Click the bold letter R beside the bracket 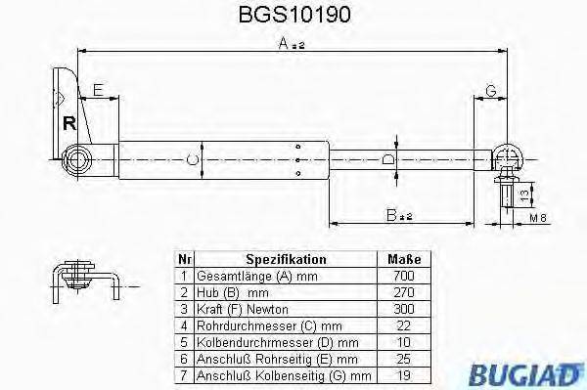[68, 123]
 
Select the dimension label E [98, 91]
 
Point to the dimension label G [490, 91]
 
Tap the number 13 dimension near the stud [526, 194]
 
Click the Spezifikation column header [286, 260]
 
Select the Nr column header [183, 260]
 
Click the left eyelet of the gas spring [77, 158]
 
